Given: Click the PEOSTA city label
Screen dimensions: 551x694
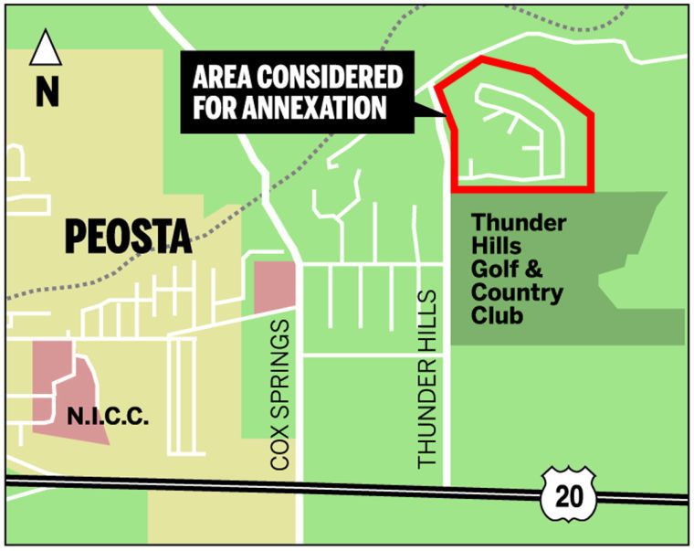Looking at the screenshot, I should point(128,238).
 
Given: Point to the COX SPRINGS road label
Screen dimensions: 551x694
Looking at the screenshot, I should point(280,395).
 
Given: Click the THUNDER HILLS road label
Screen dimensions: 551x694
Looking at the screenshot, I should point(428,380).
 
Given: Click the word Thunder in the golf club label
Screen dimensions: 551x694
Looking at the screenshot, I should point(518,223).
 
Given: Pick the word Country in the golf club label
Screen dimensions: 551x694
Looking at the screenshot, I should point(516,293).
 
